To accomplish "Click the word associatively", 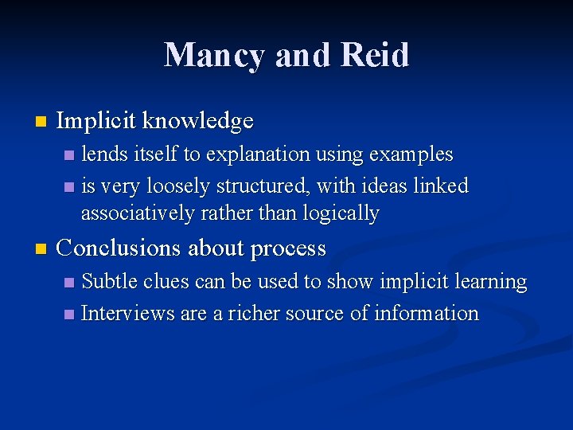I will click(x=137, y=213).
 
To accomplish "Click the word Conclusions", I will click(x=120, y=248).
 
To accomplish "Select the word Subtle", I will click(x=110, y=281).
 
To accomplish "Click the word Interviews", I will click(x=128, y=313).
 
